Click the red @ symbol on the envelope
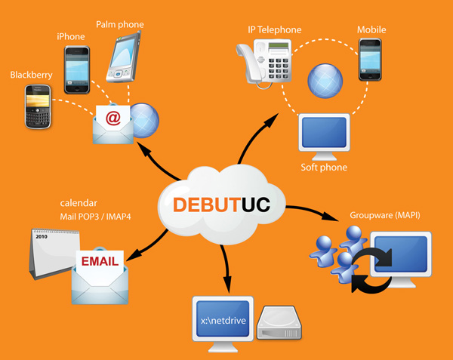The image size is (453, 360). tap(113, 118)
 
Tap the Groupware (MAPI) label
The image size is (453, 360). tap(385, 215)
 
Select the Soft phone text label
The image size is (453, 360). tap(324, 168)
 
